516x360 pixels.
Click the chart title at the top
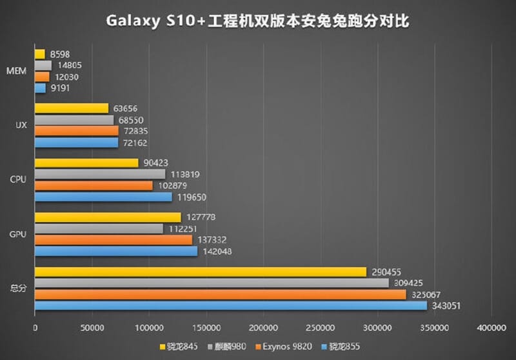tap(258, 21)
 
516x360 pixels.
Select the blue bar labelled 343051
tap(231, 305)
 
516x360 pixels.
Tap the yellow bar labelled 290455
tap(201, 272)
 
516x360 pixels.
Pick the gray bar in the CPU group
tap(100, 174)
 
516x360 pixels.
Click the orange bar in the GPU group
tap(114, 240)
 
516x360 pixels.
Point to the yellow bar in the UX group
tap(72, 108)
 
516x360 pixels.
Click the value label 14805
tap(69, 65)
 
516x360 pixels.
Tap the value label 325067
tap(427, 294)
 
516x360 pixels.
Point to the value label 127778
tap(202, 217)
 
